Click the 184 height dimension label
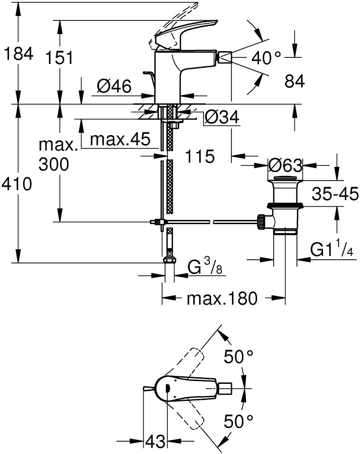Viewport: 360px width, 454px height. tap(18, 54)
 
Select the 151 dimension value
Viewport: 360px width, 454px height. tap(60, 58)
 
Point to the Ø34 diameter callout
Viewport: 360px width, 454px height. tap(222, 117)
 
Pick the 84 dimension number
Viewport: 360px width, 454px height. tap(295, 82)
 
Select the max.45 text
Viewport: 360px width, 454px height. tap(120, 139)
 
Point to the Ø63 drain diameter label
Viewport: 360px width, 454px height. tap(285, 166)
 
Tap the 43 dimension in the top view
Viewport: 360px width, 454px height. tap(154, 442)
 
